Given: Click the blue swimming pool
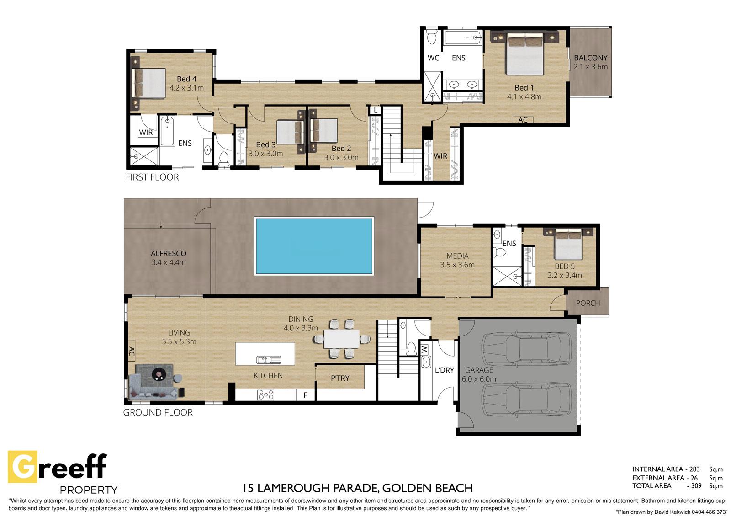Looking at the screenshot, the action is click(x=314, y=246).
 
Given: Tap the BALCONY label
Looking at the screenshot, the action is click(x=590, y=58).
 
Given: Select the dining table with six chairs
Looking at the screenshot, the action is click(x=341, y=339).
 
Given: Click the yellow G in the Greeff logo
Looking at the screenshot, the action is click(x=22, y=466).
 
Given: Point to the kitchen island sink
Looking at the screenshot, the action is click(x=268, y=360).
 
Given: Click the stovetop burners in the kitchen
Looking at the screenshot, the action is click(x=265, y=395).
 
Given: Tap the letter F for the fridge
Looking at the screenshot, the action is click(x=306, y=395).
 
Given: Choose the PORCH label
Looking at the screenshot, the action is click(x=588, y=303).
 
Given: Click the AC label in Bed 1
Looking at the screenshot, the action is click(x=523, y=120).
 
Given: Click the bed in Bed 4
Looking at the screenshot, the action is click(x=148, y=83).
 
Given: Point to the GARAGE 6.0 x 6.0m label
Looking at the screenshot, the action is click(x=479, y=374).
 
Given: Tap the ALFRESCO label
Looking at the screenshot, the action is click(x=169, y=253).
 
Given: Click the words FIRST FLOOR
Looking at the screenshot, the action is click(x=153, y=177).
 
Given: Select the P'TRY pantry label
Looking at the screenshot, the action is click(x=340, y=378).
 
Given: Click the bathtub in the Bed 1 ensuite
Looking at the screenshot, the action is click(x=463, y=38).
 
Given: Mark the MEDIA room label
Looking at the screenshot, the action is click(x=457, y=256).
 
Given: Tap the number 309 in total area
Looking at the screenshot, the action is click(x=696, y=485).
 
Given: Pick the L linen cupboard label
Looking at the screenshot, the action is click(x=376, y=110).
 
